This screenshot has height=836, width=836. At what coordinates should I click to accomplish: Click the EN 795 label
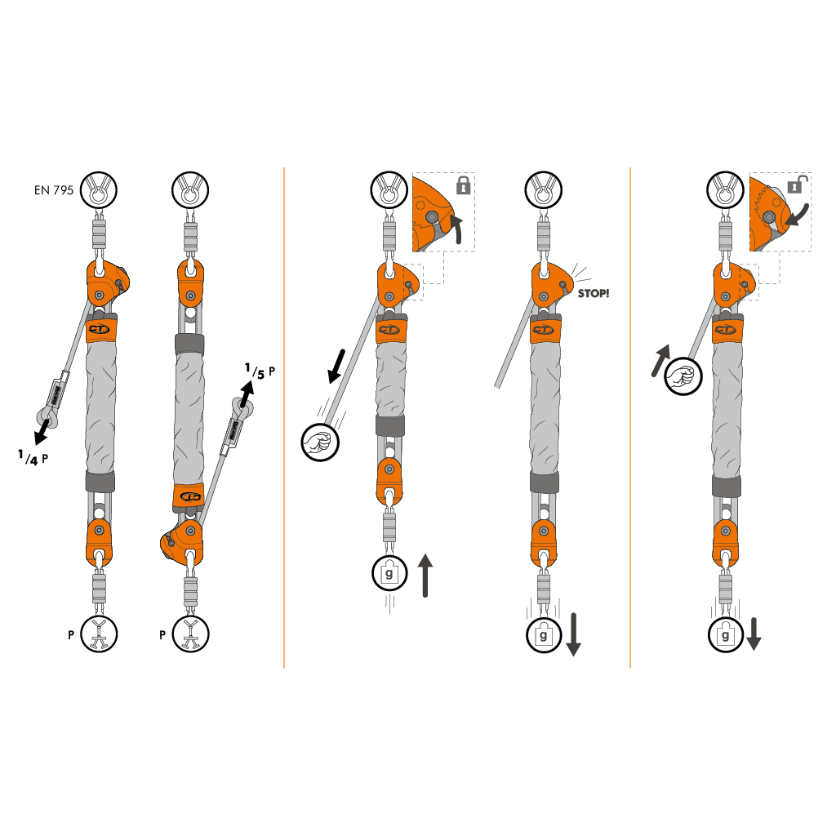54,190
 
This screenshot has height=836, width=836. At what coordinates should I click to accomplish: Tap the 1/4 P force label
33,457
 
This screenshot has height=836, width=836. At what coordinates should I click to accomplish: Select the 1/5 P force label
260,371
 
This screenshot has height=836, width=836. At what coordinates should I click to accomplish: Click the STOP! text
594,293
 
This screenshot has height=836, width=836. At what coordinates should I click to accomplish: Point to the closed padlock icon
464,185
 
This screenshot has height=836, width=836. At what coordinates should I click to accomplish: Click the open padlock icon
797,185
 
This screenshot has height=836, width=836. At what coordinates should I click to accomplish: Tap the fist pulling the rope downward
320,442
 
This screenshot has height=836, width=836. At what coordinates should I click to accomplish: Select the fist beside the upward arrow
683,376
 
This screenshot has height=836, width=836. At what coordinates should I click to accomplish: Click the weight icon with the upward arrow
389,573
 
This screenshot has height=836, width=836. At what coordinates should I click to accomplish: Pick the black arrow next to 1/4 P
42,431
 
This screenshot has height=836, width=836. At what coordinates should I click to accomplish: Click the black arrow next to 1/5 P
247,394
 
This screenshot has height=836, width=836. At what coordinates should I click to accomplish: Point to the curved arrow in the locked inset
456,229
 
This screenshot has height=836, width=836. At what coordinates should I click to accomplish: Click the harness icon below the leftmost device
99,634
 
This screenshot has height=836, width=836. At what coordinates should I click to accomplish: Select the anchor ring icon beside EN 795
99,189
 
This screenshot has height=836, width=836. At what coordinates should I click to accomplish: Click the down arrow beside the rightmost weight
754,634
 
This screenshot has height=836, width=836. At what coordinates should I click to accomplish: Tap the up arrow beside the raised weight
425,576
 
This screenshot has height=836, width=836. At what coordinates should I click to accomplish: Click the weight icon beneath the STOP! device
543,635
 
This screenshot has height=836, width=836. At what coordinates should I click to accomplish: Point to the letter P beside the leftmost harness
71,634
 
